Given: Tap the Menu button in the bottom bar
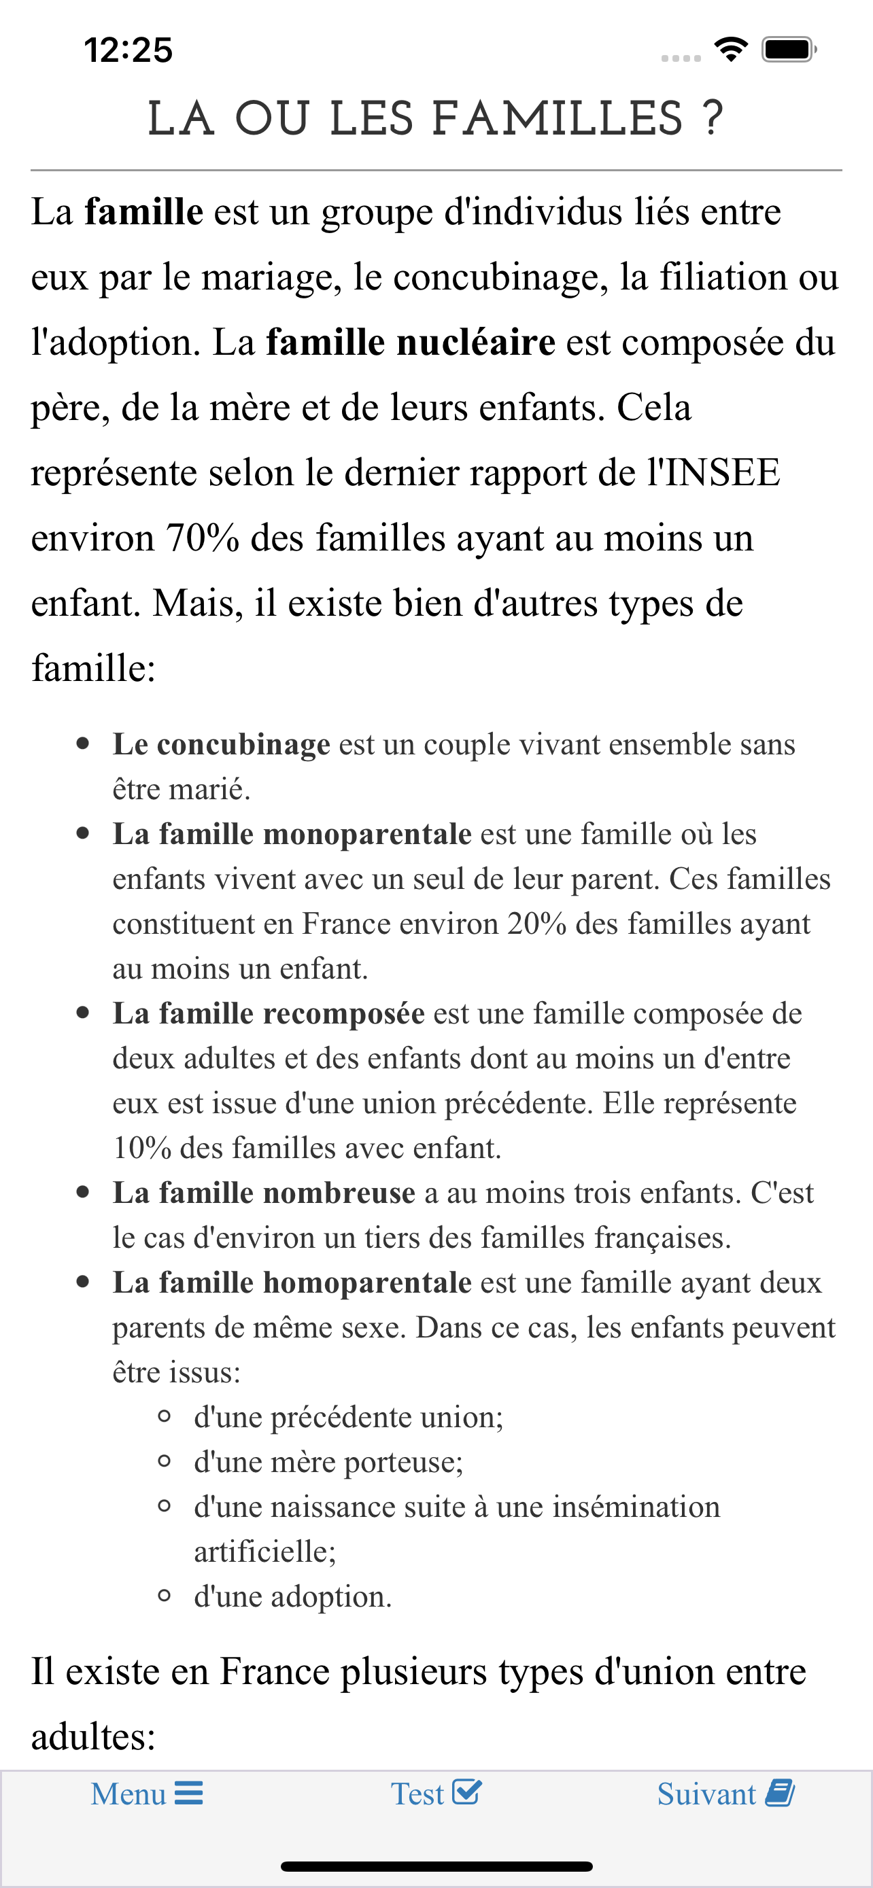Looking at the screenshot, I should (x=147, y=1794).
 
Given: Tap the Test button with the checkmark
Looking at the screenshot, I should (x=435, y=1794).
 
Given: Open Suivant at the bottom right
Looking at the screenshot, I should (x=725, y=1794).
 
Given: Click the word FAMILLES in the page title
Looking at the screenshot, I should (x=557, y=120).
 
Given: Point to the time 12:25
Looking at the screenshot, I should (x=129, y=50).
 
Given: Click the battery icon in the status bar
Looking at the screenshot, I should (x=788, y=50).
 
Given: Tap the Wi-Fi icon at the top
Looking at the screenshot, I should (x=731, y=49).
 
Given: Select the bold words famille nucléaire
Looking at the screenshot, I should (x=411, y=343).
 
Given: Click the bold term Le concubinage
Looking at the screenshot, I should (x=222, y=745).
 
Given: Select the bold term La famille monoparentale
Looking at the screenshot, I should (x=292, y=834).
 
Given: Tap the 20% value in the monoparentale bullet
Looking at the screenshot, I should (x=536, y=924).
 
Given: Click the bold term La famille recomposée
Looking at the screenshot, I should (x=269, y=1013).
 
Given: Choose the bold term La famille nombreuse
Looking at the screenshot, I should (x=264, y=1193).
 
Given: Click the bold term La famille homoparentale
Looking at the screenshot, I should (x=292, y=1282).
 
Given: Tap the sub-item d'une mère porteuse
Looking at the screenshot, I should (x=328, y=1462).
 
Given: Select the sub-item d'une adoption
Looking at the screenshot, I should (x=292, y=1597).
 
